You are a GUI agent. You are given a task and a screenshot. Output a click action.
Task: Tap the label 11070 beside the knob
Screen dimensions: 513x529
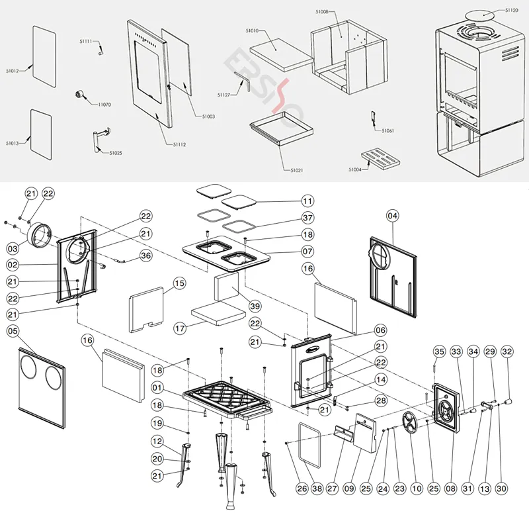pos(104,105)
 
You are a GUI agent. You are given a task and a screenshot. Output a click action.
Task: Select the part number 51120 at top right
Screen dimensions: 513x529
pos(512,11)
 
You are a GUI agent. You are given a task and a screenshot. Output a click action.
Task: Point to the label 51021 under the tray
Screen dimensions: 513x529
pos(296,171)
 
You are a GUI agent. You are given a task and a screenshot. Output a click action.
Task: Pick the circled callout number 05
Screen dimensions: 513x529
pos(13,330)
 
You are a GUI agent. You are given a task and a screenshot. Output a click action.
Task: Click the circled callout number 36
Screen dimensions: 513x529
pos(146,256)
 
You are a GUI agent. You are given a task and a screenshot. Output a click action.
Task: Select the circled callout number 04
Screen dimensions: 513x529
pos(393,215)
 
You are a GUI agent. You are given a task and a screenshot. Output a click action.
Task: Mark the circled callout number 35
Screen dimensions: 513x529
pos(439,350)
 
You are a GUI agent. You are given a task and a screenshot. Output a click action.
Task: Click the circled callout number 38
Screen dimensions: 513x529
pos(317,489)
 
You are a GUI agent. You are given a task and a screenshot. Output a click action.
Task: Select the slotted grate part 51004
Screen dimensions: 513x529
pos(382,160)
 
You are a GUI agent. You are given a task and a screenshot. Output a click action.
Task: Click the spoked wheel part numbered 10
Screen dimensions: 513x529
pos(413,421)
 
